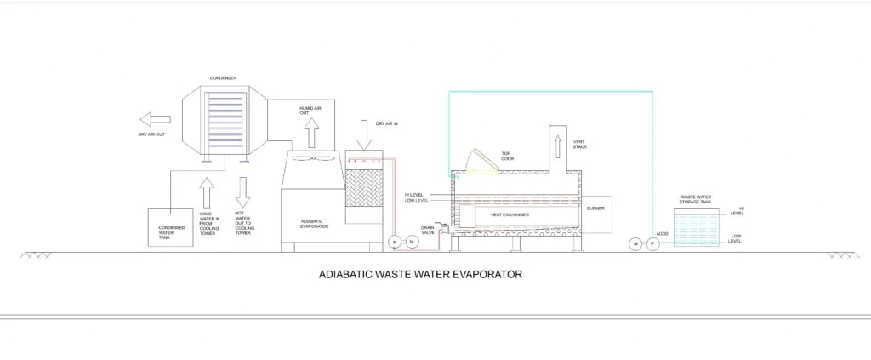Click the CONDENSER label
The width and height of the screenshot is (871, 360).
(223, 77)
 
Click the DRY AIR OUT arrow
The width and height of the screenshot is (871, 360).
(156, 117)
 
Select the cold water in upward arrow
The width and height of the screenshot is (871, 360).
(206, 191)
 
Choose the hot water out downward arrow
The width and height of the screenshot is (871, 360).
(242, 191)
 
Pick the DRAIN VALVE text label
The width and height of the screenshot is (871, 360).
(428, 230)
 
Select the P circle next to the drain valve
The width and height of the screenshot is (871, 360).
(394, 243)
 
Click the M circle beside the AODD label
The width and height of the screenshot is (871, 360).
(635, 244)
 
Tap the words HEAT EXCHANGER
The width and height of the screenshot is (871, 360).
(510, 215)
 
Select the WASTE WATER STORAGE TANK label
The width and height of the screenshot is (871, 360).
(696, 200)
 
